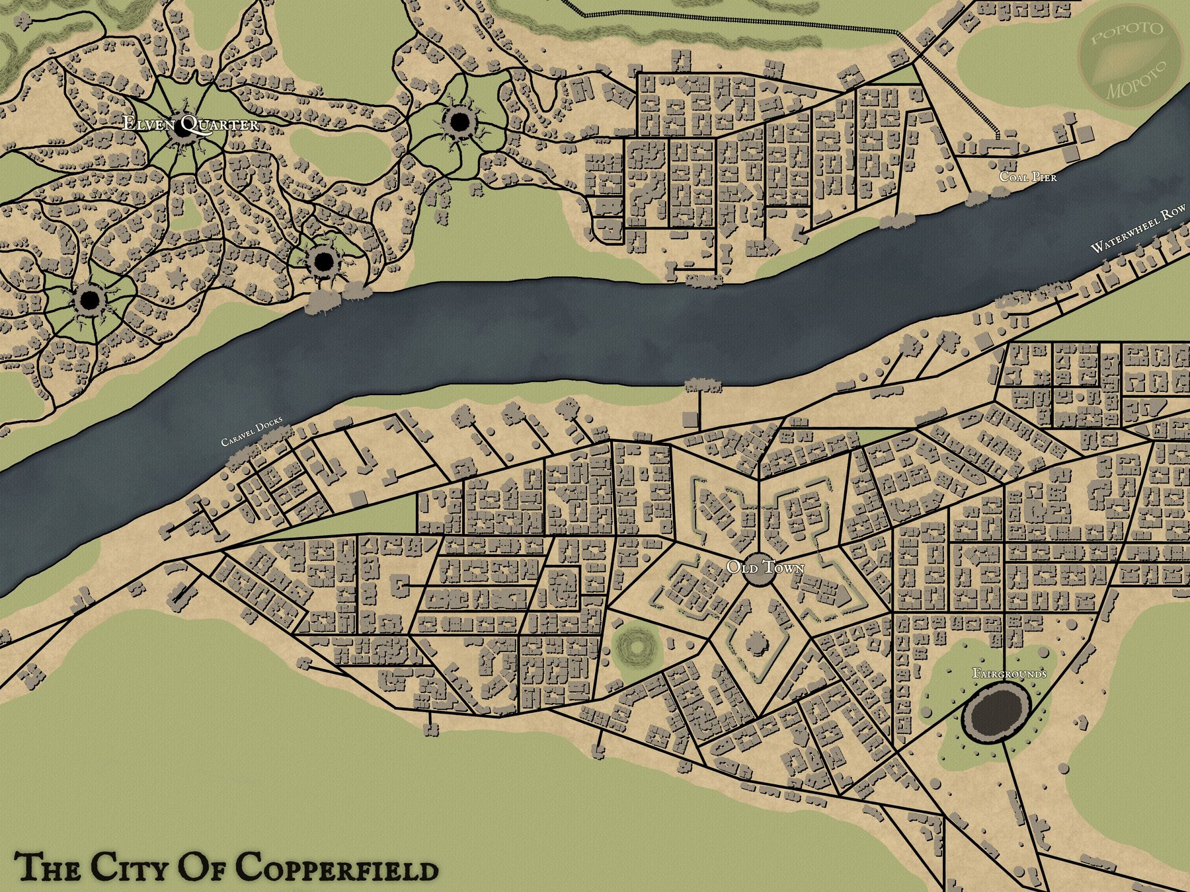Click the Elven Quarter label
[191, 124]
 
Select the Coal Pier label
[1027, 176]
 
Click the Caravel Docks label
[252, 431]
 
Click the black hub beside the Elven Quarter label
[180, 128]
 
